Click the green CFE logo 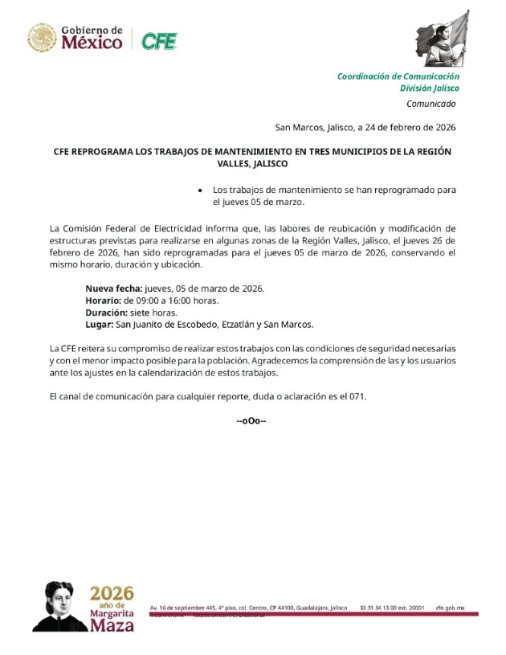[159, 40]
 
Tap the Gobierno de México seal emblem [42, 38]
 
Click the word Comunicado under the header [431, 104]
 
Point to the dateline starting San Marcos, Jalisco [365, 127]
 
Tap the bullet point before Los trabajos [200, 190]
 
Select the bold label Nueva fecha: [114, 289]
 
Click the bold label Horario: [104, 301]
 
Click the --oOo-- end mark [251, 421]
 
